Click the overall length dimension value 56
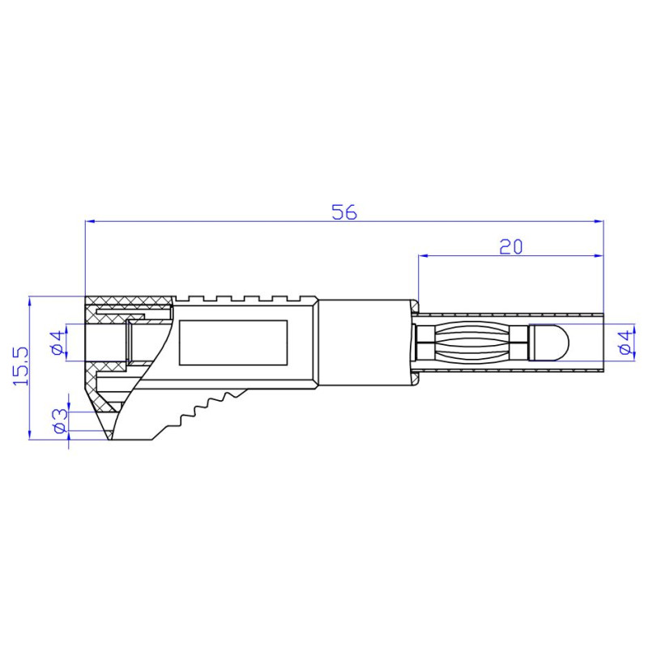344,212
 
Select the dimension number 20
510,247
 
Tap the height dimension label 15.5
21,365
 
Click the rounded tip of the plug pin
552,342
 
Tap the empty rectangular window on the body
233,341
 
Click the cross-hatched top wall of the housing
130,302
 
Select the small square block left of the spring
424,342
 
